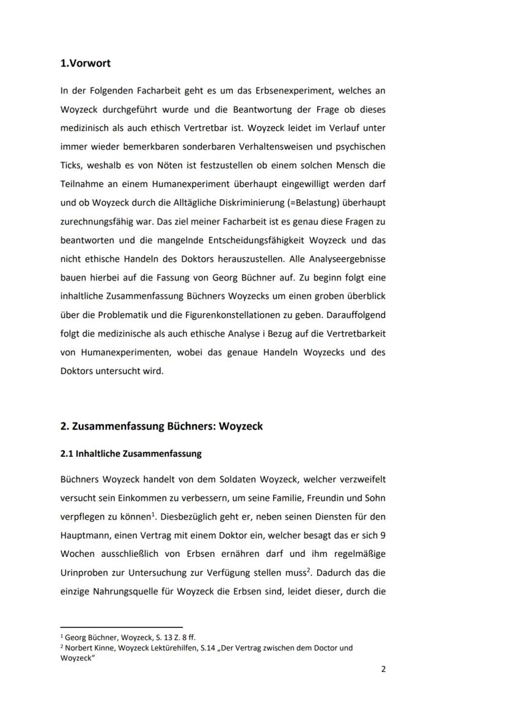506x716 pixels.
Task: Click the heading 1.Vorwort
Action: point(86,64)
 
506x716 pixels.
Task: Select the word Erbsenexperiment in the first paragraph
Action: point(277,90)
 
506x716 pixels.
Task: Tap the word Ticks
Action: point(71,165)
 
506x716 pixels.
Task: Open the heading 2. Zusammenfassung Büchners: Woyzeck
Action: point(161,426)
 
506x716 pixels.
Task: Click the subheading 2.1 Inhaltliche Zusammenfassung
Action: point(131,454)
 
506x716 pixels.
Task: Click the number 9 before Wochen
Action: point(382,535)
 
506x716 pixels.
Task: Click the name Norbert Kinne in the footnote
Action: point(89,648)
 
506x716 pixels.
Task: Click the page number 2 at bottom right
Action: point(383,669)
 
